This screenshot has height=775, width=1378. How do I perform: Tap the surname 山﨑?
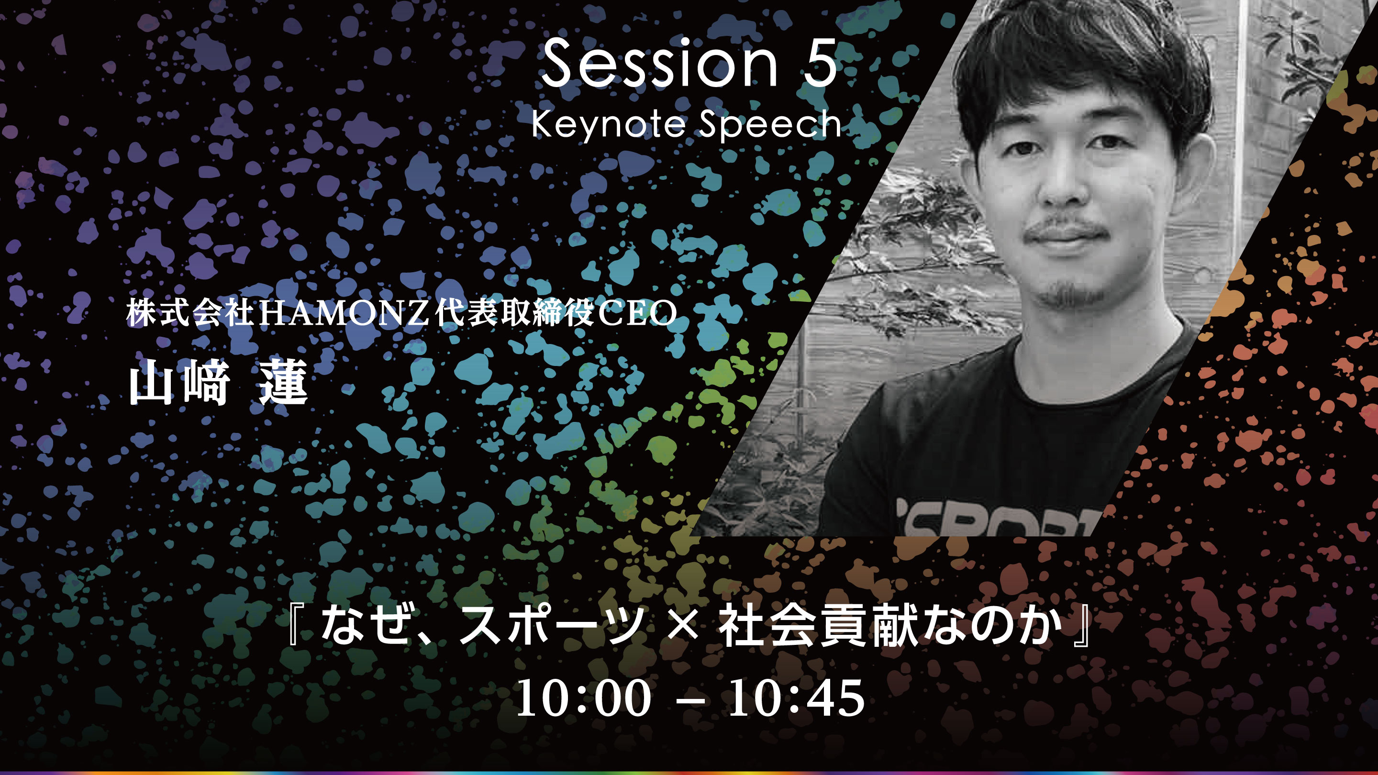coord(180,382)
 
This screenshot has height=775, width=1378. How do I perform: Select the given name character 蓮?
coord(284,382)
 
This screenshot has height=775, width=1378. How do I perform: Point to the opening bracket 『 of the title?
coord(296,625)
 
